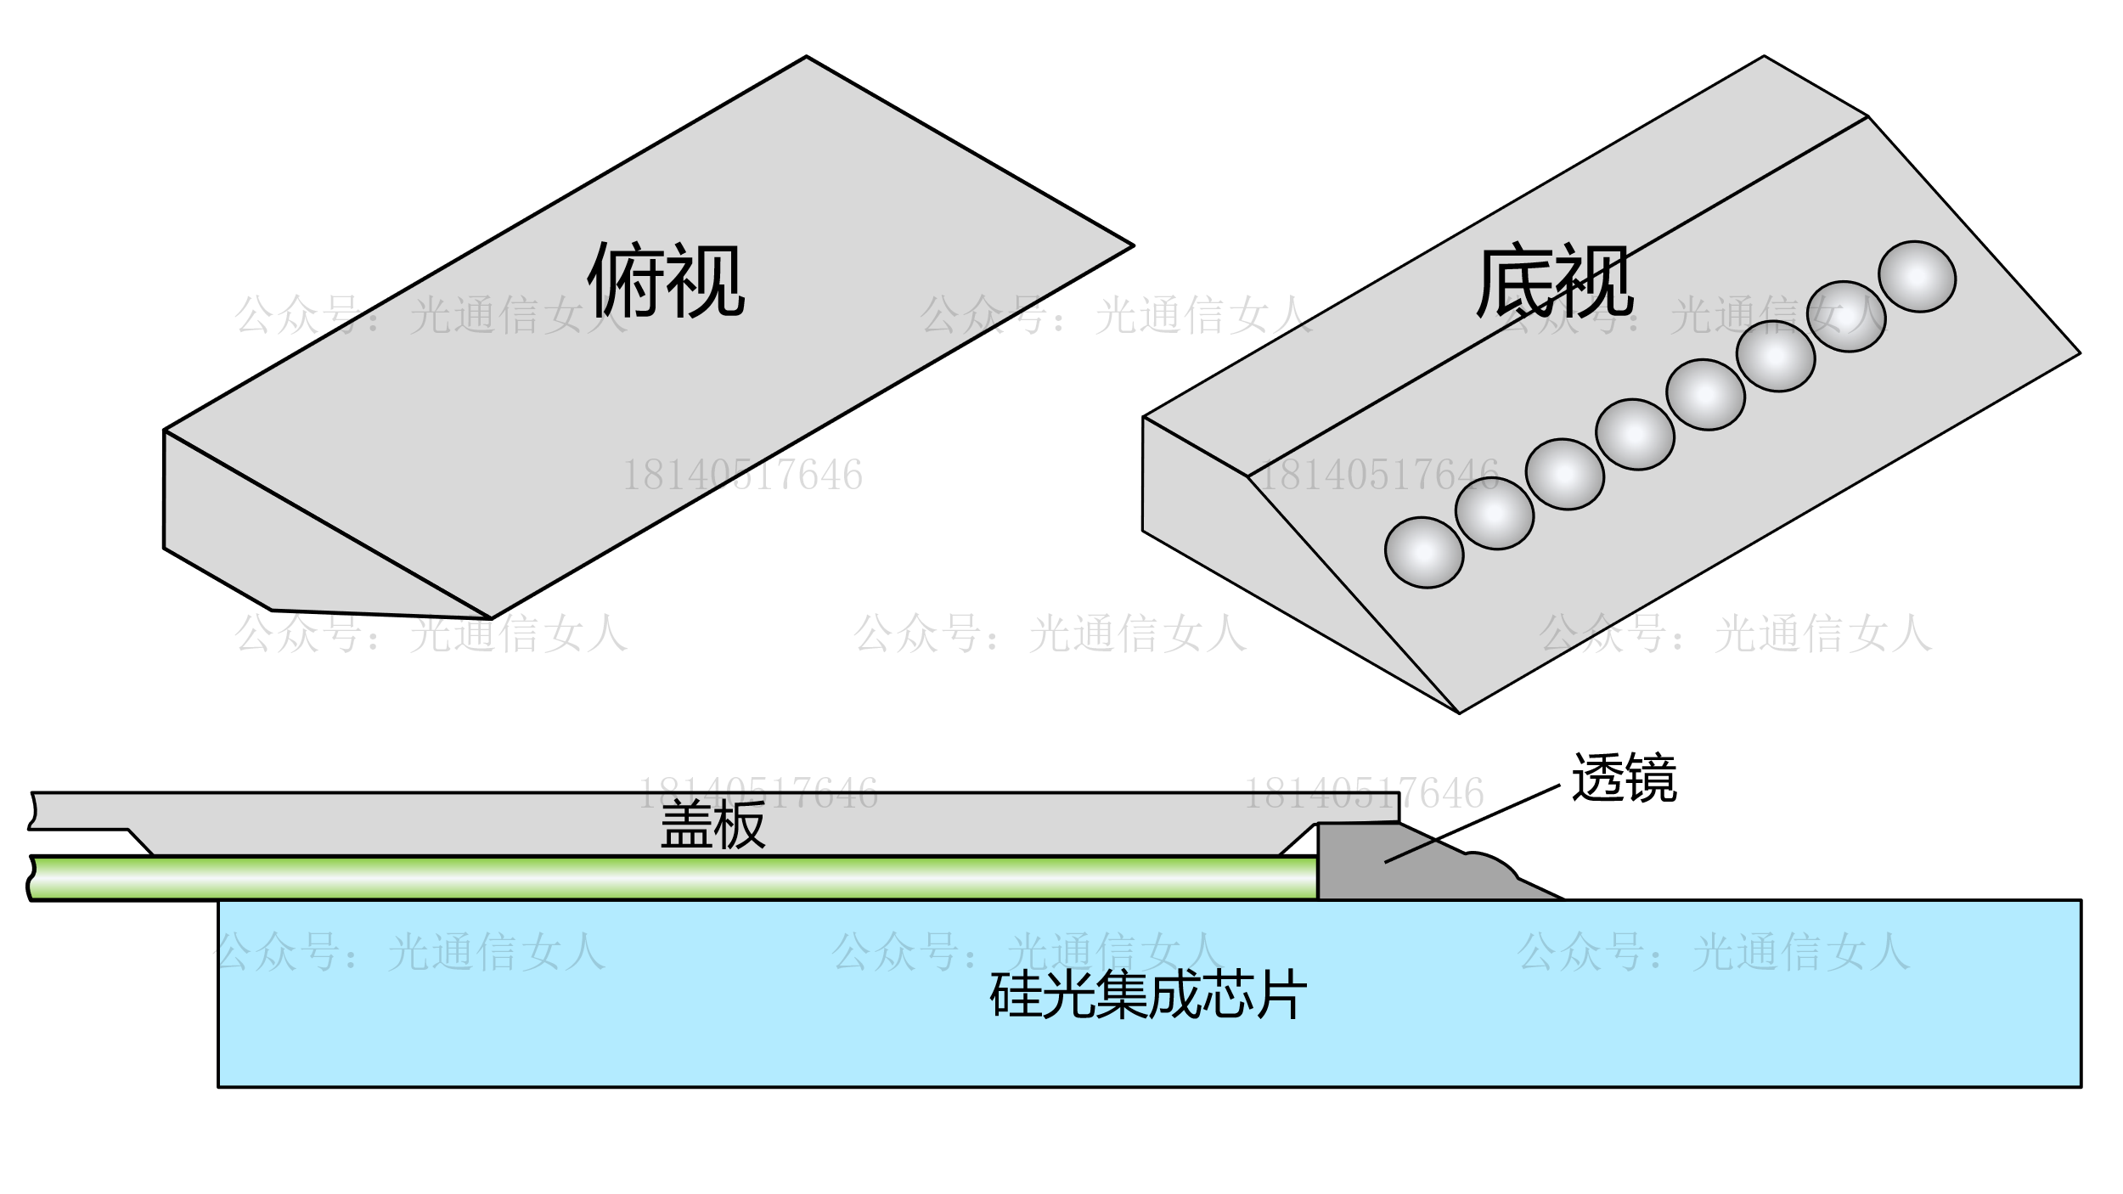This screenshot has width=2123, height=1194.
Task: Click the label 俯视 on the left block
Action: [666, 280]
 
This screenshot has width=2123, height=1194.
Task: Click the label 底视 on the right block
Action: [1554, 280]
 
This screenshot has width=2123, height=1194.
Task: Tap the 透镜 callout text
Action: [1624, 778]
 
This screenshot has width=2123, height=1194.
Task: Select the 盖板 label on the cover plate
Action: [712, 825]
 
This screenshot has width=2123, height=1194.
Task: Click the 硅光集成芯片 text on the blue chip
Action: [1148, 994]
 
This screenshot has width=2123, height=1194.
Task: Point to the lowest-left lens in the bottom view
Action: [1424, 552]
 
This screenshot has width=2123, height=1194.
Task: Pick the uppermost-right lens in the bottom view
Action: [1917, 276]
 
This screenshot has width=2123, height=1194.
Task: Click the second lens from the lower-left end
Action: [1495, 513]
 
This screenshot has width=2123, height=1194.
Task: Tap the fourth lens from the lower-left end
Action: [1635, 434]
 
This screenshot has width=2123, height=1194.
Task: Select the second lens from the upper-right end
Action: [1846, 316]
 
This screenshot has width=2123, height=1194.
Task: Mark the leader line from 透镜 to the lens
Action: [1473, 824]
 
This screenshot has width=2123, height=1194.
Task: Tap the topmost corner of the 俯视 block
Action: [806, 57]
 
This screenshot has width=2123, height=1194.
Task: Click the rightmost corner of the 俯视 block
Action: [1133, 246]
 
